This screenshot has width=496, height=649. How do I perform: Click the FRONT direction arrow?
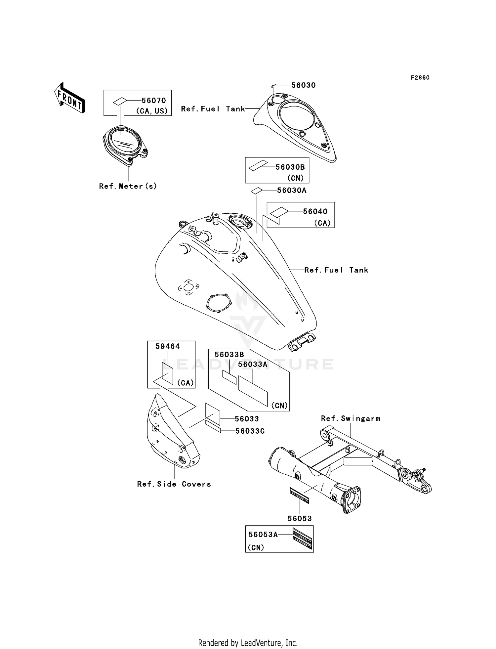tap(69, 98)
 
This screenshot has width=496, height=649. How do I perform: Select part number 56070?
tap(154, 101)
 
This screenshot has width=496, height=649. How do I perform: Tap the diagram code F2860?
tap(420, 78)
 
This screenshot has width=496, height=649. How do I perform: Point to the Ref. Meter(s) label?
tap(128, 186)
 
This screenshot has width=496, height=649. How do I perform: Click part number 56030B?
tap(290, 167)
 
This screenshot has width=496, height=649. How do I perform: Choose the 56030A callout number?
tap(292, 190)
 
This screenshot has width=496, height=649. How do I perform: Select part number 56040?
tap(315, 211)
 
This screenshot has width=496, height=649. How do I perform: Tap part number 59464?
tap(168, 346)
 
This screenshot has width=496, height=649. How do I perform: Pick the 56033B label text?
tap(229, 355)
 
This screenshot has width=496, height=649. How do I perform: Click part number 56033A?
tap(253, 364)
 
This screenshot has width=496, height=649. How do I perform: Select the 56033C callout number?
tap(250, 431)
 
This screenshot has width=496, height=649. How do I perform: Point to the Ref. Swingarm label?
tap(351, 418)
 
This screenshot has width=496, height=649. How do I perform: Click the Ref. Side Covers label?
tap(174, 484)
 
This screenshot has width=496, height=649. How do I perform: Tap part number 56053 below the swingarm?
tap(300, 518)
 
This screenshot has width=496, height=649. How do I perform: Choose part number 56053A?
tap(263, 535)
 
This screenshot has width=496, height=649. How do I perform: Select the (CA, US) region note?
tap(152, 111)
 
